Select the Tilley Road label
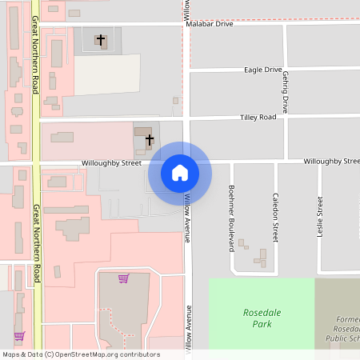(258, 118)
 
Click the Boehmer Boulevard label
(230, 218)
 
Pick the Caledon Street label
(275, 218)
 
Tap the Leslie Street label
(320, 218)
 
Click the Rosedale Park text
(261, 318)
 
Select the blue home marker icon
(180, 173)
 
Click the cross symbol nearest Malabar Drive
(100, 39)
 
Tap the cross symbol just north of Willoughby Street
(150, 140)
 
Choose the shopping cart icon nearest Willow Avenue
(123, 278)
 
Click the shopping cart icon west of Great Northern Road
(19, 336)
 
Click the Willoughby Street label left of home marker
(110, 163)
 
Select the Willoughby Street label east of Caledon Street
(330, 162)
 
